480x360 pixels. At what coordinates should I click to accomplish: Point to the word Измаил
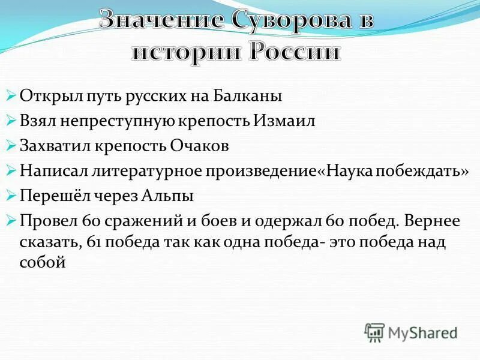[x=287, y=121]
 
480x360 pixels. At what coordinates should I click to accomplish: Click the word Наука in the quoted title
[x=355, y=171]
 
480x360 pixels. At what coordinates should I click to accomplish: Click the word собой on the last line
[x=43, y=262]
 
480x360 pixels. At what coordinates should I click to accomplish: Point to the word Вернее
[x=431, y=221]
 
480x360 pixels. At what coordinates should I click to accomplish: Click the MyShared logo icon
[x=375, y=333]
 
